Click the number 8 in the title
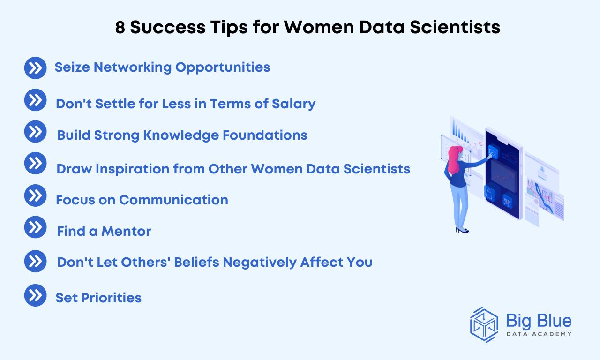pos(120,27)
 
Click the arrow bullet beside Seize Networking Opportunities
pos(35,68)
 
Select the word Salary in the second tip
pos(293,104)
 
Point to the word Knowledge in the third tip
pos(181,135)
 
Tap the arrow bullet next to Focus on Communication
pos(35,195)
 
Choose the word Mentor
pos(126,231)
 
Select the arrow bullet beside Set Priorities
pos(35,295)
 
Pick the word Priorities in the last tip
pos(112,298)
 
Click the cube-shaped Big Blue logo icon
pos(484,325)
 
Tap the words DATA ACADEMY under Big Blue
pos(539,334)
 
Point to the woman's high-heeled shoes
pos(462,230)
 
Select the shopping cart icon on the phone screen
pos(507,201)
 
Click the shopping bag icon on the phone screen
pos(489,194)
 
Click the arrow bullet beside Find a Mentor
pos(35,227)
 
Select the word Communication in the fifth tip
pos(173,200)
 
